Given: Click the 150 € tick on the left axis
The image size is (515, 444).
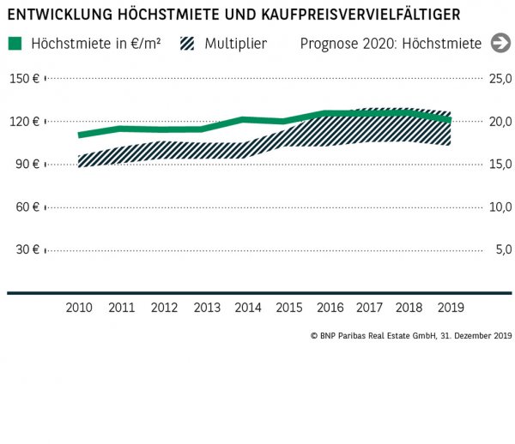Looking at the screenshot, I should click(24, 79).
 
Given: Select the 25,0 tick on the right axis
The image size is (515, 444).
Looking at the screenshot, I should click(500, 79).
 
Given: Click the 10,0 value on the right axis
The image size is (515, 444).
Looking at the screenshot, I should click(500, 207).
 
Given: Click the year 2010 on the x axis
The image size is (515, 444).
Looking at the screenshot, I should click(79, 307).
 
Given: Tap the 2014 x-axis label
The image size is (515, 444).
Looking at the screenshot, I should click(248, 307).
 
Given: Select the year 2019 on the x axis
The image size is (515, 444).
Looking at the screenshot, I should click(452, 307).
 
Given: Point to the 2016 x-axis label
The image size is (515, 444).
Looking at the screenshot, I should click(330, 307).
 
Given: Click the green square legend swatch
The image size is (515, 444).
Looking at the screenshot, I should click(15, 44).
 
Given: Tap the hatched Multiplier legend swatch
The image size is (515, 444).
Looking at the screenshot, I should click(188, 44).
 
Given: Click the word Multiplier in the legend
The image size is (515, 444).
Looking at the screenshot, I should click(235, 44).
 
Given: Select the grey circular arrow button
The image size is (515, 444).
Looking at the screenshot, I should click(500, 44).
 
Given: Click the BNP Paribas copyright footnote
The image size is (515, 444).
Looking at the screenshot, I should click(410, 336).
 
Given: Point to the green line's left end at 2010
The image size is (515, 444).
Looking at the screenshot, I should click(80, 135).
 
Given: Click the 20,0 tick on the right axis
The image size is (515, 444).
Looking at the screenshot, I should click(500, 122).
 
